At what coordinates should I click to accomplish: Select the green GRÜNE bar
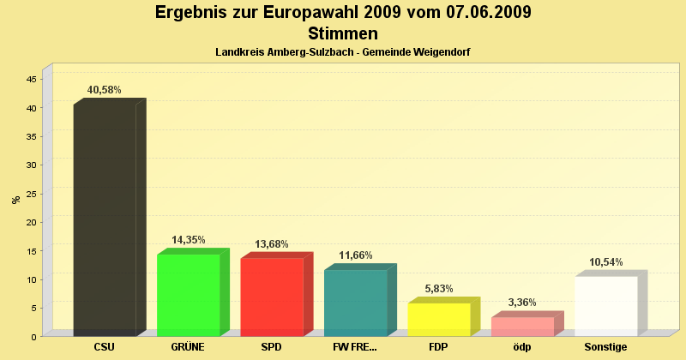pyautogui.click(x=188, y=295)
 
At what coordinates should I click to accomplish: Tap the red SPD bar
pyautogui.click(x=271, y=297)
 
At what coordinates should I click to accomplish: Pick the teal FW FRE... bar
pyautogui.click(x=355, y=303)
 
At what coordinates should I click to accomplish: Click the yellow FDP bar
pyautogui.click(x=438, y=319)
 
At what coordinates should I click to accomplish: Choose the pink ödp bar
pyautogui.click(x=522, y=327)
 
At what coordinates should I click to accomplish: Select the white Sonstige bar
pyautogui.click(x=605, y=306)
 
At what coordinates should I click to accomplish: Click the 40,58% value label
pyautogui.click(x=105, y=90)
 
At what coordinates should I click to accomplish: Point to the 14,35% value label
pyautogui.click(x=189, y=240)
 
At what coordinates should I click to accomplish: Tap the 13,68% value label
pyautogui.click(x=272, y=244)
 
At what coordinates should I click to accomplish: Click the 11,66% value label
pyautogui.click(x=356, y=255)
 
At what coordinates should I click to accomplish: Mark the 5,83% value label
pyautogui.click(x=439, y=289)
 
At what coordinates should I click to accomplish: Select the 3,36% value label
pyautogui.click(x=522, y=303)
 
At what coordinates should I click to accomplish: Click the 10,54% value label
pyautogui.click(x=606, y=262)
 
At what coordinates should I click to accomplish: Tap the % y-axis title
pyautogui.click(x=16, y=200)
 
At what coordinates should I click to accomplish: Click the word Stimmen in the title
pyautogui.click(x=343, y=33)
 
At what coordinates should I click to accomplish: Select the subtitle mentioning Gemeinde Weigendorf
pyautogui.click(x=343, y=52)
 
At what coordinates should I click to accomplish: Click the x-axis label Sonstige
pyautogui.click(x=606, y=347)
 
